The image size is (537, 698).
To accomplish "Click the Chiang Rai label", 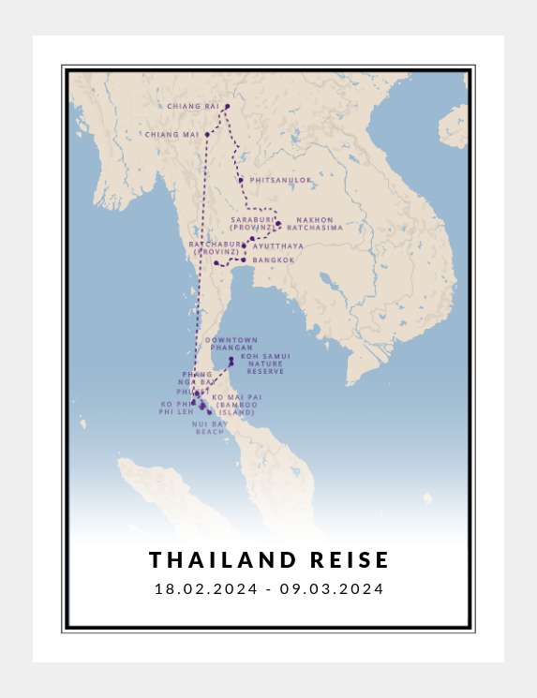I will point(192,107).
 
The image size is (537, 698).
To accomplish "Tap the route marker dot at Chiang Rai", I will point(227,107).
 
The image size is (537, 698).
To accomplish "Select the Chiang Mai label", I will point(172,135).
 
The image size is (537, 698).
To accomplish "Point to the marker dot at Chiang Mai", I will point(207,135).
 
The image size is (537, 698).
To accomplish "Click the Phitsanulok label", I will point(280,180).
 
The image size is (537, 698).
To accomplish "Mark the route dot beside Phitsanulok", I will point(241,180).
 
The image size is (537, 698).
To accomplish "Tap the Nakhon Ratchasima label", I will point(314,224).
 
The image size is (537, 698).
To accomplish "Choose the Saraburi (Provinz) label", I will point(253,224).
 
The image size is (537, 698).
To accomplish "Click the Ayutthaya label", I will point(278,246).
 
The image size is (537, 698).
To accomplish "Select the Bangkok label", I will point(273,260).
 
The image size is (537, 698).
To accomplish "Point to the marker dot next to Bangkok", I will point(243,260).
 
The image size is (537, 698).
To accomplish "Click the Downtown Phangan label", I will point(231,344).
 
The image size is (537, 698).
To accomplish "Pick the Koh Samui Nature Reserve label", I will point(265,364).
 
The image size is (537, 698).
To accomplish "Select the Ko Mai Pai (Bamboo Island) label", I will point(236,405).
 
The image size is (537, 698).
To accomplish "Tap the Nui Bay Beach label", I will point(210,428).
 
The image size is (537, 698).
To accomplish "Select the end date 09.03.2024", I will point(332,589).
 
